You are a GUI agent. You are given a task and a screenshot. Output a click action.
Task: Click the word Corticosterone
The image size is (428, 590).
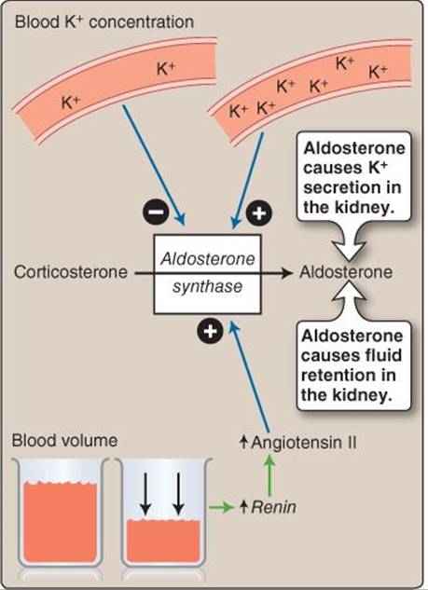tap(70, 272)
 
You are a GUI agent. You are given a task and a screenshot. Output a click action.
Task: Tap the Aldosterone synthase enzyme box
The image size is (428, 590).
tap(207, 274)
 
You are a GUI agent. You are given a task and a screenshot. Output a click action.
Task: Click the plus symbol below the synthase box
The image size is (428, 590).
tap(210, 331)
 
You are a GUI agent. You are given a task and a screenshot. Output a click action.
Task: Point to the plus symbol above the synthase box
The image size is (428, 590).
tap(259, 213)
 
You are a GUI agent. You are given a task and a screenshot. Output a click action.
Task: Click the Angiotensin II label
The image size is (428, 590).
tap(298, 442)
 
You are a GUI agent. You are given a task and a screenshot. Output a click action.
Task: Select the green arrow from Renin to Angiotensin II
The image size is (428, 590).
tap(269, 474)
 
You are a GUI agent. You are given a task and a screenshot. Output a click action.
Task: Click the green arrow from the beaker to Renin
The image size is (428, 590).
tap(222, 508)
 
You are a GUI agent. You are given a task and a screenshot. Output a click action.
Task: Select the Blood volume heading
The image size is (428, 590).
tap(64, 440)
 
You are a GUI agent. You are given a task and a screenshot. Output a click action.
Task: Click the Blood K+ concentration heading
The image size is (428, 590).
tap(104, 21)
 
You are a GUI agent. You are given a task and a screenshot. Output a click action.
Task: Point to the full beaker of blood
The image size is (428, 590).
tap(61, 513)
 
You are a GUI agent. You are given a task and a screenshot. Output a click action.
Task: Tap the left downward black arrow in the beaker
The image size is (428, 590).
tap(145, 493)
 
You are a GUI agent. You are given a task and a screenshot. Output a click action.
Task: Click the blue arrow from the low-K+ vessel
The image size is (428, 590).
tap(154, 165)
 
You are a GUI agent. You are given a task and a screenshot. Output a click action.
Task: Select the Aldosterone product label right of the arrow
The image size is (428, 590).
tap(346, 272)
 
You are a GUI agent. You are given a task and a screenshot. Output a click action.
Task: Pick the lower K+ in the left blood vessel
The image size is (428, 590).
tap(71, 103)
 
